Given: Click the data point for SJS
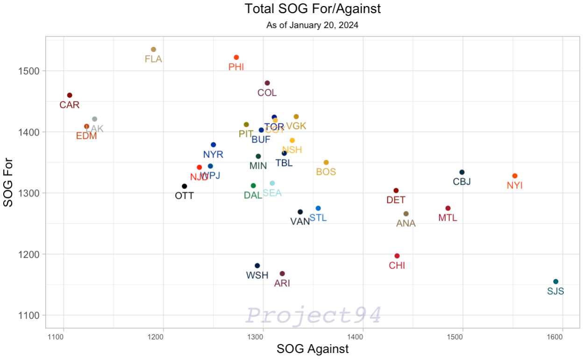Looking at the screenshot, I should tap(555, 281).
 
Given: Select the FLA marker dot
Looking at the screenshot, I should tap(153, 50).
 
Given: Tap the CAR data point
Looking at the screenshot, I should tap(70, 95).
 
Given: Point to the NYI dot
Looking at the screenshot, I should tap(515, 176).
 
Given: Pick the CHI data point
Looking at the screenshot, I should tap(397, 256).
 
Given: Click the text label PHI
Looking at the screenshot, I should tap(236, 67).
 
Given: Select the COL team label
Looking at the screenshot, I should tap(267, 93).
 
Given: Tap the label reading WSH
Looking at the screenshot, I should tap(257, 275).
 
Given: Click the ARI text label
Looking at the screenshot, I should tap(282, 283).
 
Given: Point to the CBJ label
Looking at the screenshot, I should tap(462, 182).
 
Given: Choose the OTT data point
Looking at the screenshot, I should tap(185, 186).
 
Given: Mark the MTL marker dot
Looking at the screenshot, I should tap(448, 208).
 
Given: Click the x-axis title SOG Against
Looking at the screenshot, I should tap(313, 349).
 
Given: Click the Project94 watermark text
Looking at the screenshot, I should tap(314, 315).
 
